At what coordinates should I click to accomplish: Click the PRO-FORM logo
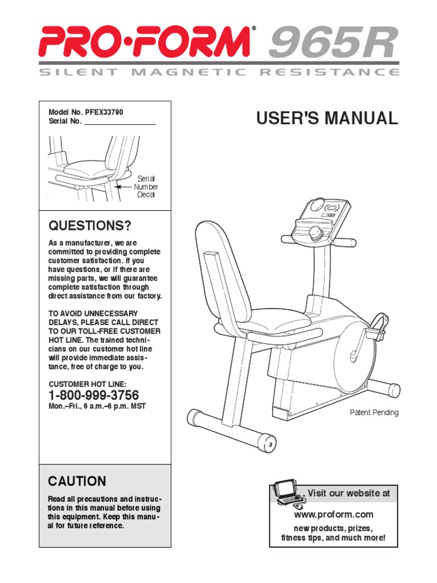pyautogui.click(x=145, y=42)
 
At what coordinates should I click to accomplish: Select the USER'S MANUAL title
pyautogui.click(x=327, y=118)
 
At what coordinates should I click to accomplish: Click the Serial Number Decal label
pyautogui.click(x=146, y=187)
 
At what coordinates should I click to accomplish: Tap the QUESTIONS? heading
pyautogui.click(x=90, y=225)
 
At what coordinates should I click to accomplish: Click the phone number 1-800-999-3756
pyautogui.click(x=93, y=395)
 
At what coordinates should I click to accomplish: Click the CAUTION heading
pyautogui.click(x=77, y=481)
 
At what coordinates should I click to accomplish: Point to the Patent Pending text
pyautogui.click(x=374, y=413)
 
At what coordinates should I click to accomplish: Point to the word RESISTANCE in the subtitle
pyautogui.click(x=329, y=72)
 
